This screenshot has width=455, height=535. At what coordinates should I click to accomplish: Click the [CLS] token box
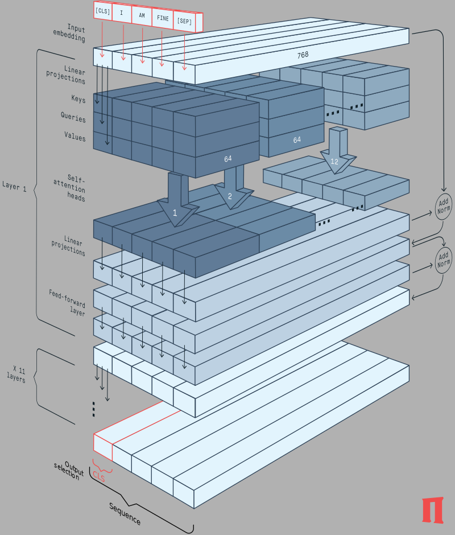102,11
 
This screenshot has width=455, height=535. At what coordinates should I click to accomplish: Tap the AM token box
142,15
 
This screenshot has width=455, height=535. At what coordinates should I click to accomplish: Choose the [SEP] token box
184,21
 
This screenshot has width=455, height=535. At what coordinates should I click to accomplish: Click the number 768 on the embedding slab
303,55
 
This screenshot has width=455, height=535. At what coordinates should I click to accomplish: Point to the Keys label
78,100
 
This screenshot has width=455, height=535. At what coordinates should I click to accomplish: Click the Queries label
73,119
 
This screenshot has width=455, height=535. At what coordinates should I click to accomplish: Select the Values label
75,138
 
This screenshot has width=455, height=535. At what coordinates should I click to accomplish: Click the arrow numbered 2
230,195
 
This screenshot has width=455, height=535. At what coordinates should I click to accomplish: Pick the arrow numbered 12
334,161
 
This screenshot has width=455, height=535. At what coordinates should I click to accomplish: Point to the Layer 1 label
14,187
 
